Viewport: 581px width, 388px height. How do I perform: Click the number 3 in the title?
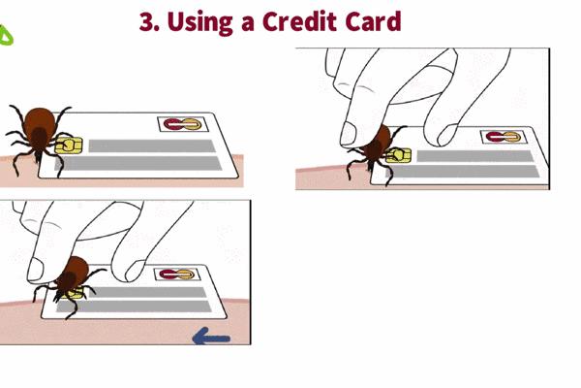pyautogui.click(x=147, y=21)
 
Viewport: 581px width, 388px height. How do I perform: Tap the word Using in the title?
pyautogui.click(x=199, y=23)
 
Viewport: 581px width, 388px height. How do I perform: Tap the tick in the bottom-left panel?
pyautogui.click(x=71, y=284)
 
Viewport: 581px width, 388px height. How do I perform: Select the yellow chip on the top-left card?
pyautogui.click(x=69, y=145)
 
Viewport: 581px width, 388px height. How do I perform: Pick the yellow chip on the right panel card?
pyautogui.click(x=399, y=155)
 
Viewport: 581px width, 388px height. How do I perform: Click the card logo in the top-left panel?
pyautogui.click(x=183, y=124)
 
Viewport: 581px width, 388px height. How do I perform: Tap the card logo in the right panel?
pyautogui.click(x=504, y=137)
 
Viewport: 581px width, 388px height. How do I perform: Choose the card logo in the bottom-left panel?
pyautogui.click(x=177, y=275)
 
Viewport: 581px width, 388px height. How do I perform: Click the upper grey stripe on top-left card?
pyautogui.click(x=152, y=145)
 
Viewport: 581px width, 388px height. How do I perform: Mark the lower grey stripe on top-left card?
pyautogui.click(x=139, y=163)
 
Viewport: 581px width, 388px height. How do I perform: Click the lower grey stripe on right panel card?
pyautogui.click(x=463, y=171)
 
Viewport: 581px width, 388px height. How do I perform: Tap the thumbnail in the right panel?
pyautogui.click(x=348, y=134)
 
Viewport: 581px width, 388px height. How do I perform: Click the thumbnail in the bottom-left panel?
pyautogui.click(x=35, y=270)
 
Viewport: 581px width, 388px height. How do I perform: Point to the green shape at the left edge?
pyautogui.click(x=6, y=35)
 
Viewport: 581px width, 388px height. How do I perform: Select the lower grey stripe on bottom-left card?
pyautogui.click(x=135, y=307)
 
